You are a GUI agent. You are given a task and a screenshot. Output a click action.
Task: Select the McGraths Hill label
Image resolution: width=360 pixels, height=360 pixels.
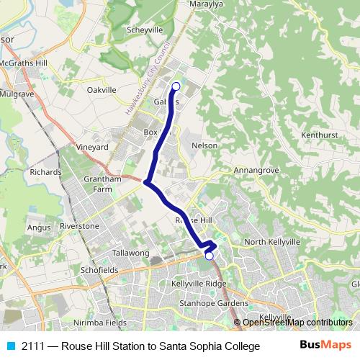24,63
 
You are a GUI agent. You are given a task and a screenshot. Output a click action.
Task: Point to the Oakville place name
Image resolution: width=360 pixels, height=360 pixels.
102,90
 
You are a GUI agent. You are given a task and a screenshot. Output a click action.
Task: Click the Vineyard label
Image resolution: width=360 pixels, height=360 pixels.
92,147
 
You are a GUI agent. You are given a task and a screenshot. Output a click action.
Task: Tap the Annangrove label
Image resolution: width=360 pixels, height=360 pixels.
256,171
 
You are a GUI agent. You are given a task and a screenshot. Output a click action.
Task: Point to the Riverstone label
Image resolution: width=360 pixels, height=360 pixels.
79,226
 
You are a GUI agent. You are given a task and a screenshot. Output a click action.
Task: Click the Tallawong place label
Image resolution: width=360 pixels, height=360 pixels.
130,253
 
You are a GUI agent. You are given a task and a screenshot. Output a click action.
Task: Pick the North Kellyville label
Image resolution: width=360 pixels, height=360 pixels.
271,242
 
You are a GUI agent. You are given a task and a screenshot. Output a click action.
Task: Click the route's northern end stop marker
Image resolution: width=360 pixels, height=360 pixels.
176,86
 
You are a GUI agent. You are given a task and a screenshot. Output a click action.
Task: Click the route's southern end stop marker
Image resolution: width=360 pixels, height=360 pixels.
210,256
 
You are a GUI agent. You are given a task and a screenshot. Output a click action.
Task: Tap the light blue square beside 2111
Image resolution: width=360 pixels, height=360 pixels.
11,346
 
